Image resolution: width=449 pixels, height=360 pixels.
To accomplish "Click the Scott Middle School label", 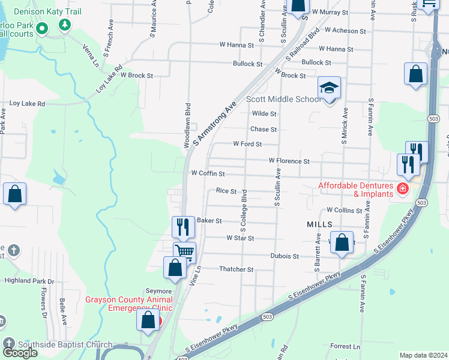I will click(x=283, y=100).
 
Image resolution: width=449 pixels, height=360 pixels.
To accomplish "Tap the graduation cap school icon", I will click(x=329, y=89).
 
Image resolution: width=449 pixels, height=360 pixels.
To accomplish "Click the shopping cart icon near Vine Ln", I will click(x=184, y=252).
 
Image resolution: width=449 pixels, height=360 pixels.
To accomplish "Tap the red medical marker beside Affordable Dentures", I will click(x=402, y=190).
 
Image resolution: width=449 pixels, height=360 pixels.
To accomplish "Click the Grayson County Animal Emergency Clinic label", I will click(x=128, y=304).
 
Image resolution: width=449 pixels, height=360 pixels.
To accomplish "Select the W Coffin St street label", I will click(x=208, y=173).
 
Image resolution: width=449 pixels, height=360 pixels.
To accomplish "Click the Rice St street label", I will click(x=226, y=191).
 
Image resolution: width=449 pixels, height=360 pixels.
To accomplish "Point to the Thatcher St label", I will click(x=237, y=269).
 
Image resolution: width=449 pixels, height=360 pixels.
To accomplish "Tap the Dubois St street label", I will click(x=285, y=256).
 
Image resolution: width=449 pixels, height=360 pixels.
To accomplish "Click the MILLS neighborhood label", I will click(x=319, y=224).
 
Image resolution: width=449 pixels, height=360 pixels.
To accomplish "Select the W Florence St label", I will click(x=289, y=161).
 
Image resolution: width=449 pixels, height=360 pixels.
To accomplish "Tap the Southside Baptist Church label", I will click(x=65, y=344).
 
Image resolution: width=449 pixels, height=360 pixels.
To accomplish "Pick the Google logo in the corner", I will click(x=20, y=352).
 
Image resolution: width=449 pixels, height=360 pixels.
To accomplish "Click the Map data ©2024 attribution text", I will click(x=423, y=355).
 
